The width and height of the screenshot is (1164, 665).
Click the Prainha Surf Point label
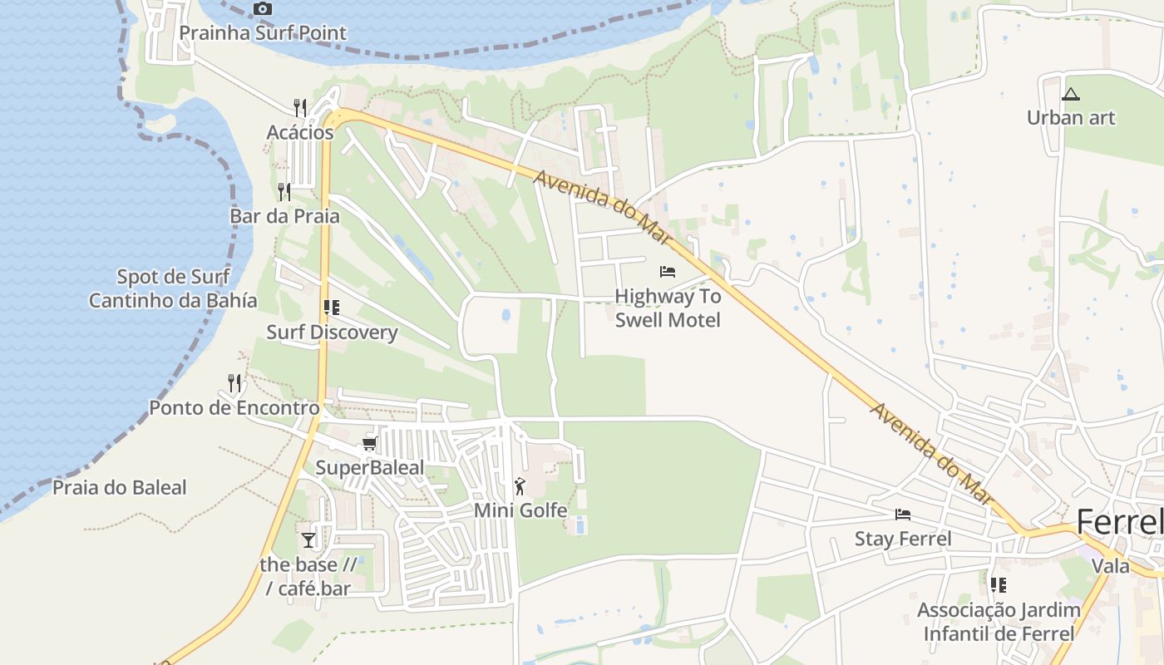coord(263,33)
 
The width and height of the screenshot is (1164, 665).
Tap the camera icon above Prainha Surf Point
coord(263,9)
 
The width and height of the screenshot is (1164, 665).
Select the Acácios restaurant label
coord(300,132)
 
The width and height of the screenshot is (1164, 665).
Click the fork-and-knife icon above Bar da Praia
coord(284,192)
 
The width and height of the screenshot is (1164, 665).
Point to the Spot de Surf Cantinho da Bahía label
coord(173,288)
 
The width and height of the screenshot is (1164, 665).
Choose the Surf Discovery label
coord(332,332)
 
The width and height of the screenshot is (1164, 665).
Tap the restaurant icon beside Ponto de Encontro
coord(235,383)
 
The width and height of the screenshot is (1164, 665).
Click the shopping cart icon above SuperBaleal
coord(370,444)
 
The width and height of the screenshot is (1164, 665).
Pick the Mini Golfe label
coord(520,510)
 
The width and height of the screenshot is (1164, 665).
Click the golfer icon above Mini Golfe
coord(520,486)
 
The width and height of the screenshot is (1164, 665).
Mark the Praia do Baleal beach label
coord(120,487)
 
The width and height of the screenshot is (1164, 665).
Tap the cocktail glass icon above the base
coord(308,540)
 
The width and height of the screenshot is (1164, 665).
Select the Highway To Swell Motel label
coord(668,308)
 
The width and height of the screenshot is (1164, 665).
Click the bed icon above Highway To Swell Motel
coord(668,272)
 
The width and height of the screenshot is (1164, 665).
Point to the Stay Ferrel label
coord(903,539)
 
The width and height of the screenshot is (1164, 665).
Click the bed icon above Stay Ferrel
coord(903,515)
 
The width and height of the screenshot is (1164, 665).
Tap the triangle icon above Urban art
coord(1071,94)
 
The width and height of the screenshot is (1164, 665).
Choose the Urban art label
coord(1071,117)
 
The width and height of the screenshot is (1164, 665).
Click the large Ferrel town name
coord(1119,522)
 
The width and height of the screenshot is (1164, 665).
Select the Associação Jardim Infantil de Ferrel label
coord(999,621)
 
